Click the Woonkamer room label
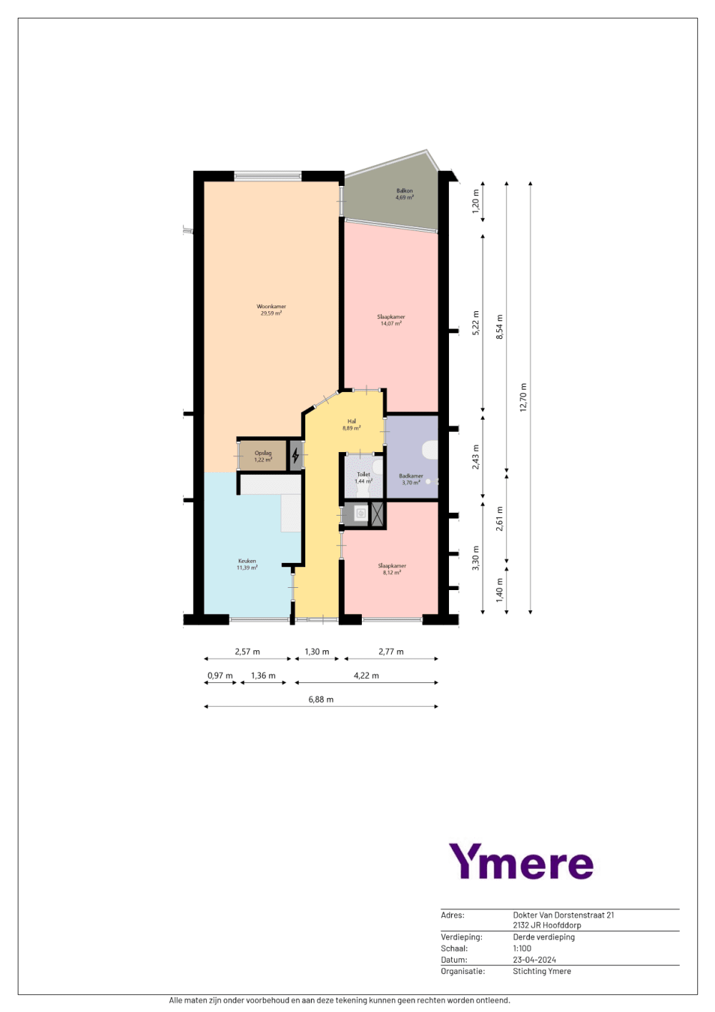click(x=271, y=307)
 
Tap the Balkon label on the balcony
click(x=405, y=191)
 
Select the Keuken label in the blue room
click(x=247, y=561)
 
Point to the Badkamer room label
click(x=411, y=476)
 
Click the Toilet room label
click(x=363, y=474)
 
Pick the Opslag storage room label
click(x=263, y=453)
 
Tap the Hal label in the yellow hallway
click(x=352, y=421)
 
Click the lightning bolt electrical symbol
click(x=295, y=455)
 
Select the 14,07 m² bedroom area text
click(x=391, y=324)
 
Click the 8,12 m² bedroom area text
click(x=392, y=573)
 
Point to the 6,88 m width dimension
click(x=321, y=699)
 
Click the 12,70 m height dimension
click(x=523, y=397)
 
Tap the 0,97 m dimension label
click(x=220, y=675)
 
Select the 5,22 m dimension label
click(x=475, y=323)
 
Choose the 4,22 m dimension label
click(x=366, y=675)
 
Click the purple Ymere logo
click(x=521, y=862)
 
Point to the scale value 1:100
click(x=522, y=948)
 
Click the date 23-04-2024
click(x=534, y=960)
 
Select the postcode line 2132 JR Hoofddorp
click(x=547, y=925)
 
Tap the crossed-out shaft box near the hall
click(x=378, y=514)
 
